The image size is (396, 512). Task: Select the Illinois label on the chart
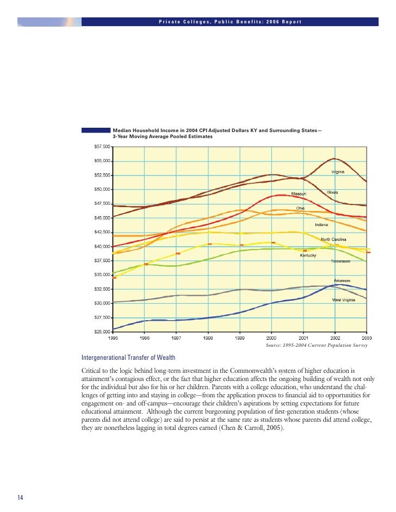[332, 192]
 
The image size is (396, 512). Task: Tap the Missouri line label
[299, 194]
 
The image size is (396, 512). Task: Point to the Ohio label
[300, 208]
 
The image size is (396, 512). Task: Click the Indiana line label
[321, 224]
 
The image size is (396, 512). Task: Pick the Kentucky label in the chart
[308, 255]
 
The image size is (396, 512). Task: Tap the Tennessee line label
[341, 261]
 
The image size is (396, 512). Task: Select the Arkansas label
[342, 280]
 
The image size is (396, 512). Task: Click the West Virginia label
[344, 300]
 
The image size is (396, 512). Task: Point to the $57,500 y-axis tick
[102, 147]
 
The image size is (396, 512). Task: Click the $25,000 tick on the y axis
[102, 332]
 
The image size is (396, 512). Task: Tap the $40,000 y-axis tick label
[102, 246]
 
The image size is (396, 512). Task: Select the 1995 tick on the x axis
[113, 338]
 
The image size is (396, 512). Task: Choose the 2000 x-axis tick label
[271, 338]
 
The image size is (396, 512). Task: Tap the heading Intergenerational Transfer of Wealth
[128, 357]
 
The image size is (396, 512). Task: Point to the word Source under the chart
[274, 345]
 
